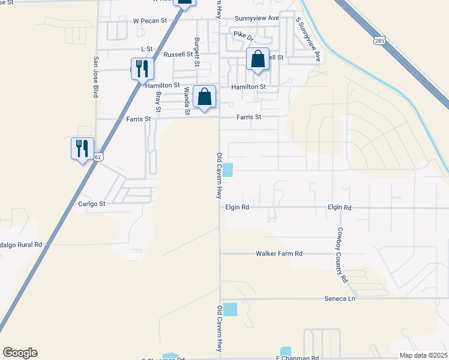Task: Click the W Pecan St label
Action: (150, 20)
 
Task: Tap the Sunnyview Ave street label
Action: (257, 18)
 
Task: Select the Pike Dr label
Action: (243, 34)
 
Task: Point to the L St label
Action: (146, 48)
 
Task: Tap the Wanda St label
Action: (187, 100)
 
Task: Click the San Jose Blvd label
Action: (95, 77)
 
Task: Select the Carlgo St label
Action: (92, 204)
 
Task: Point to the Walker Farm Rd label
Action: (279, 254)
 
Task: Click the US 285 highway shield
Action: (379, 41)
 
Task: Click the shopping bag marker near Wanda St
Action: (204, 96)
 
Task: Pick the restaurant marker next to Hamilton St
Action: (141, 68)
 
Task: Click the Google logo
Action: (20, 353)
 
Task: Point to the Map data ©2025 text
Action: (424, 355)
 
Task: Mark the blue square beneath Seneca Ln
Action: (230, 310)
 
